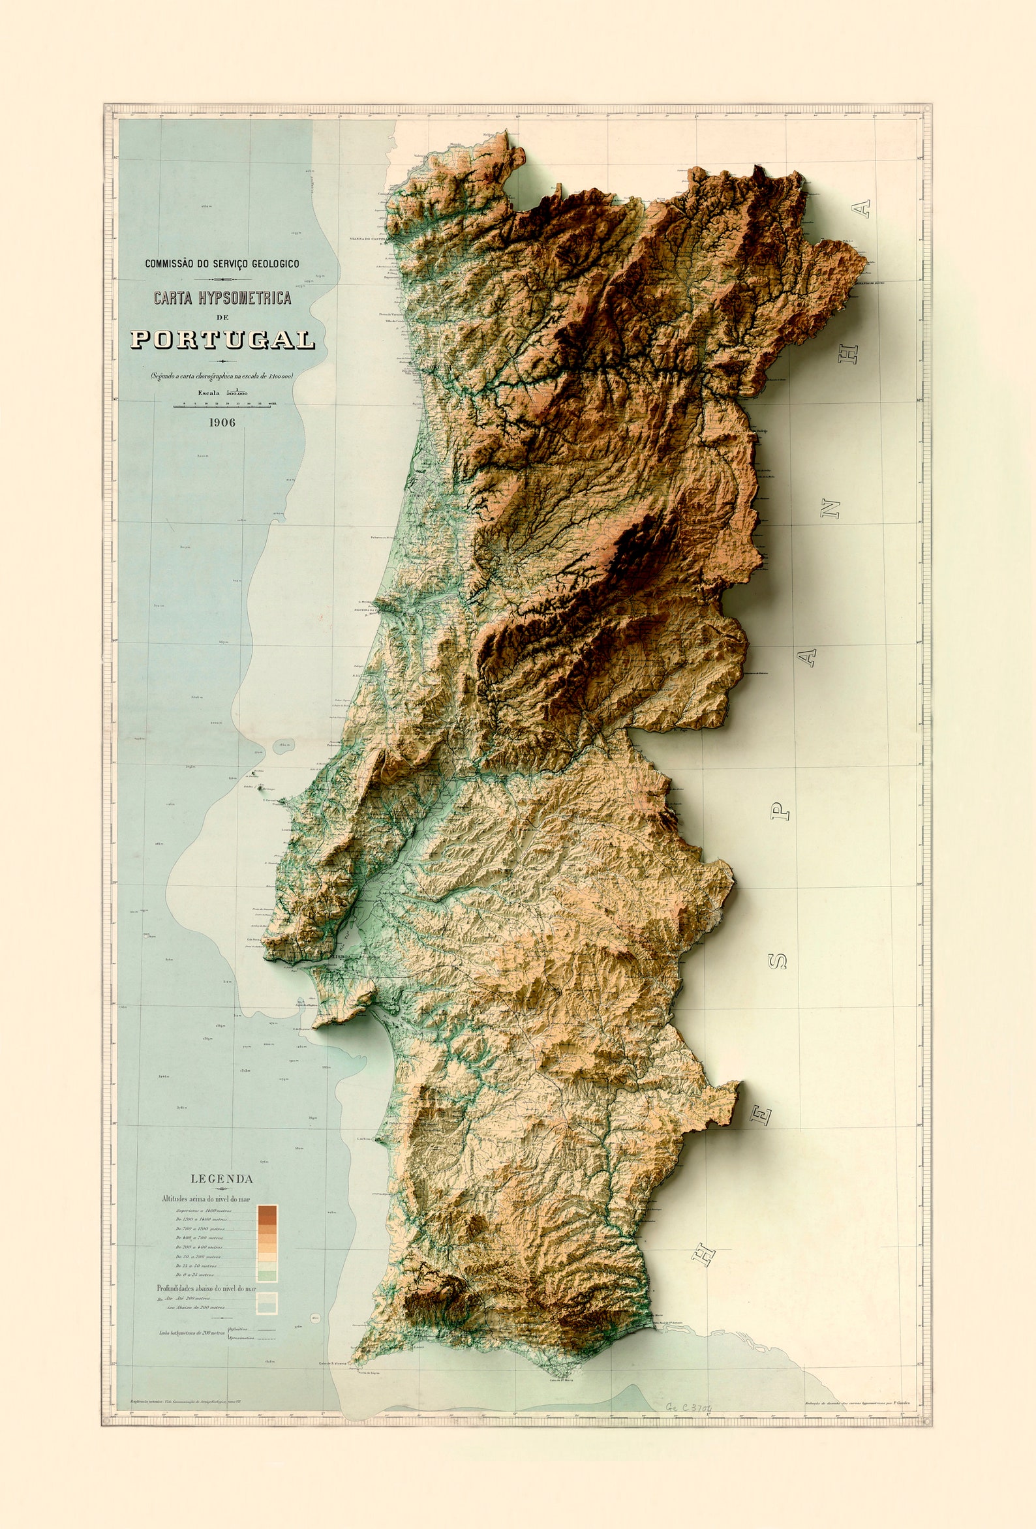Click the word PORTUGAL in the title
coord(222,339)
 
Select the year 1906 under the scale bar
coord(222,423)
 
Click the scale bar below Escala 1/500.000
coord(222,406)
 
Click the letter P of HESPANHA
coord(781,811)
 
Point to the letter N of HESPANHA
coord(832,508)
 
